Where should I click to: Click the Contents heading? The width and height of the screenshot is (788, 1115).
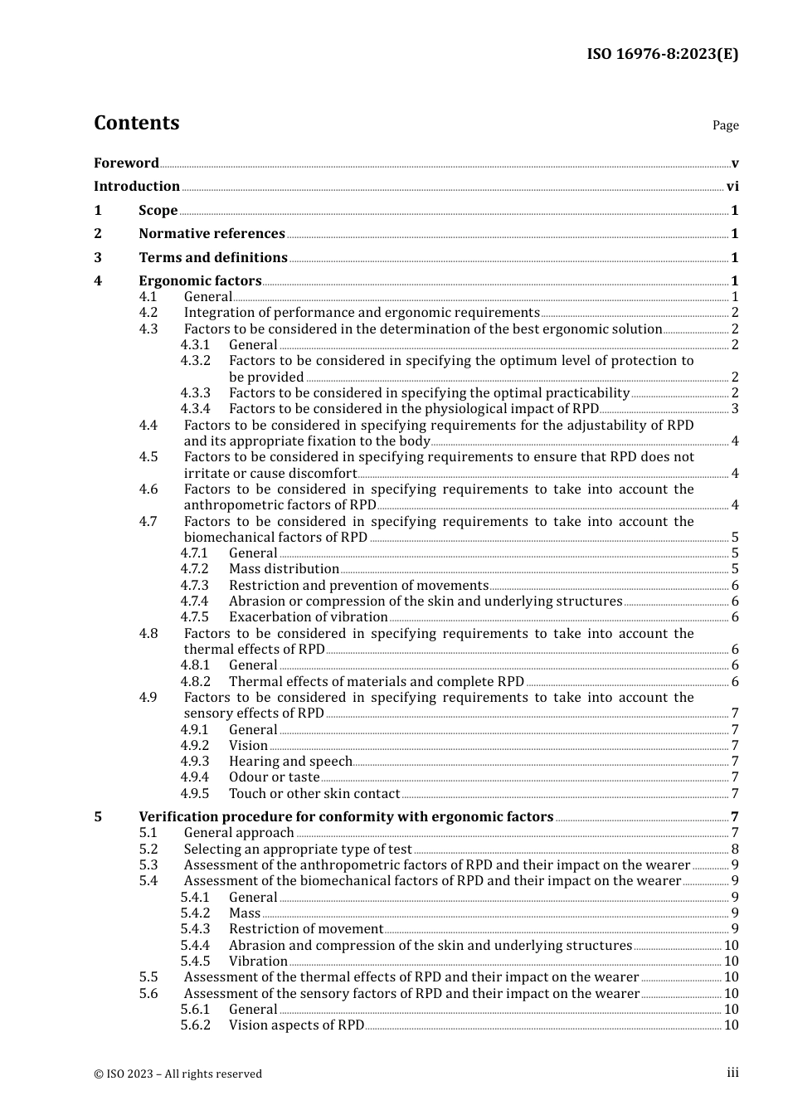click(x=136, y=123)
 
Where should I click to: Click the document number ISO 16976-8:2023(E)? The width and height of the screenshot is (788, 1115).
click(x=662, y=54)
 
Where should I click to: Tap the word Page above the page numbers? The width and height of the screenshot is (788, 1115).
click(x=725, y=125)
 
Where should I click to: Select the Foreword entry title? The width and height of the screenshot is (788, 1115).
click(x=126, y=163)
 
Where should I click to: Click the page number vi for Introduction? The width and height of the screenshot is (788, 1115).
click(x=732, y=187)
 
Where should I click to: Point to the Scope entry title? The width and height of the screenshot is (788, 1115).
click(x=158, y=211)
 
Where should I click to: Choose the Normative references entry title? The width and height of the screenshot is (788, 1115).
click(x=212, y=234)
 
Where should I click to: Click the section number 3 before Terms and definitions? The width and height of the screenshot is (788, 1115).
click(x=98, y=258)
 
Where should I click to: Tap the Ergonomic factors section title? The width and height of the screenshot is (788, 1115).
click(x=200, y=281)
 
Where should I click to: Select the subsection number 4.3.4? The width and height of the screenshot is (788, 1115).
click(x=196, y=409)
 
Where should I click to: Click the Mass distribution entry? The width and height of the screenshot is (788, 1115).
click(x=284, y=569)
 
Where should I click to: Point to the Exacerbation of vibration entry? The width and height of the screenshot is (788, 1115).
click(x=308, y=617)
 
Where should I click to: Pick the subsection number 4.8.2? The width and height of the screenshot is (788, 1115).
click(x=196, y=682)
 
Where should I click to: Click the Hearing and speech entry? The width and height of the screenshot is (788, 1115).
click(x=290, y=762)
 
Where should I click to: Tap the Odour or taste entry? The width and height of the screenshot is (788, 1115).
click(x=274, y=777)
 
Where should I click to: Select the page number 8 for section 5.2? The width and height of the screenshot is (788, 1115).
click(x=735, y=850)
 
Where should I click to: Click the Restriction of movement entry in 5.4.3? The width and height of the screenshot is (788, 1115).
click(x=305, y=929)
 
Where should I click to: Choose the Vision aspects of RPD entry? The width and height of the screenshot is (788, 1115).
click(x=296, y=1025)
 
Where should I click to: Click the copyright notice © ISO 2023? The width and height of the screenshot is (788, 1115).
click(x=178, y=1074)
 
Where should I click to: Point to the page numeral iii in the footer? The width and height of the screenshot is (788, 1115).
click(x=732, y=1073)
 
